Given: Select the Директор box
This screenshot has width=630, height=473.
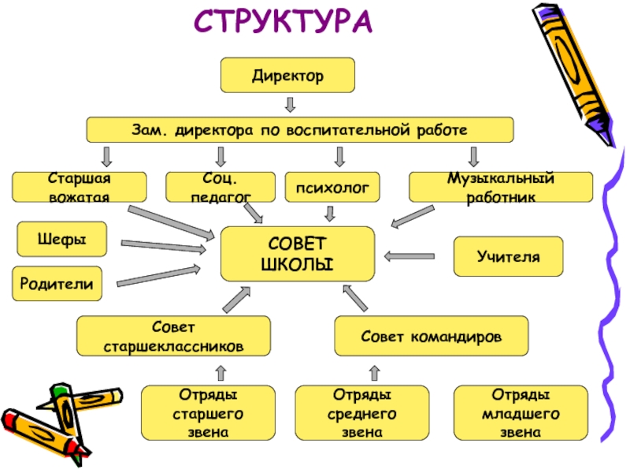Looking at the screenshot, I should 287,76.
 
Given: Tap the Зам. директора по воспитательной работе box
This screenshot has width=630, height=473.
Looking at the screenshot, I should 299,129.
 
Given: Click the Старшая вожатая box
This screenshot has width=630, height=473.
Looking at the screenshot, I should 79,188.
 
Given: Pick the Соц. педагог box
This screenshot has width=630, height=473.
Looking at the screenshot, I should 210,188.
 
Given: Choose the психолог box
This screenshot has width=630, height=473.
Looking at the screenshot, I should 332,188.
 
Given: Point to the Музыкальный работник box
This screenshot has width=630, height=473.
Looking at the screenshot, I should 501,188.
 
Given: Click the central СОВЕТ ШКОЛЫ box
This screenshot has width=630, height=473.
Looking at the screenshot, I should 297,253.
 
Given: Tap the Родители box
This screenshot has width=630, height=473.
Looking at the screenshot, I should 57,283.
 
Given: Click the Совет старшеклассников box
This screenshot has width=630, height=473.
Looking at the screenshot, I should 173,336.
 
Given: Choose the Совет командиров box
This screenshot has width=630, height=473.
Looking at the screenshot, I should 432,336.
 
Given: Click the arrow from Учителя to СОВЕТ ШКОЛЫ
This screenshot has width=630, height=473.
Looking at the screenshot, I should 409,255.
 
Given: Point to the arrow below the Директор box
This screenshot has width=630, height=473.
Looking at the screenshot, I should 290,104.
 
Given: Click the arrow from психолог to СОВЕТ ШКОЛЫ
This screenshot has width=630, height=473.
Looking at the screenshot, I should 330,213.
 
